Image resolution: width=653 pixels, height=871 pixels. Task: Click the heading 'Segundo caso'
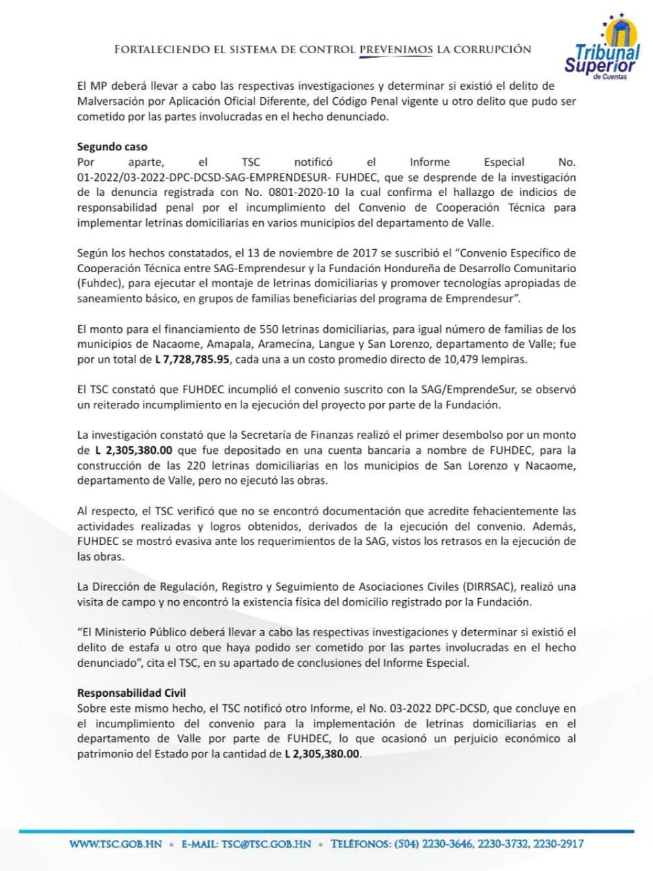point(112,147)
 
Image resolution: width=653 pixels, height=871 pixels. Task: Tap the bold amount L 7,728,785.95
point(192,359)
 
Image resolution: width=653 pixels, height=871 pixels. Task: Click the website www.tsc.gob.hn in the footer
point(116,844)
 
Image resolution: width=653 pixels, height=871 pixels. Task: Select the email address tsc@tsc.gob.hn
point(266,844)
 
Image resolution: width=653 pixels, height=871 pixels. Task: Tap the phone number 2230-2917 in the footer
point(558,844)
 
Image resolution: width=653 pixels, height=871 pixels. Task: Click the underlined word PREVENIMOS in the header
point(396,50)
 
